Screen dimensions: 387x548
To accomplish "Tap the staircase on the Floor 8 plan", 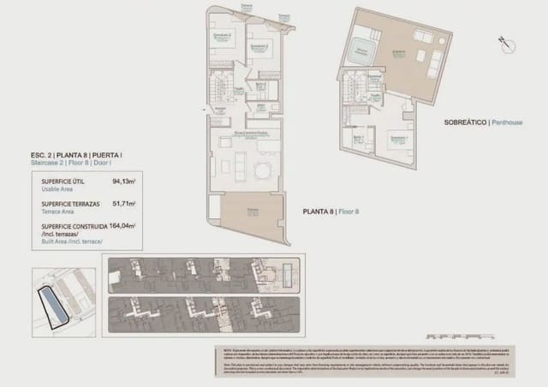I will click(219, 85).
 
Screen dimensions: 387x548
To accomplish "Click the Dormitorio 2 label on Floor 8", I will click(260, 45).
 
